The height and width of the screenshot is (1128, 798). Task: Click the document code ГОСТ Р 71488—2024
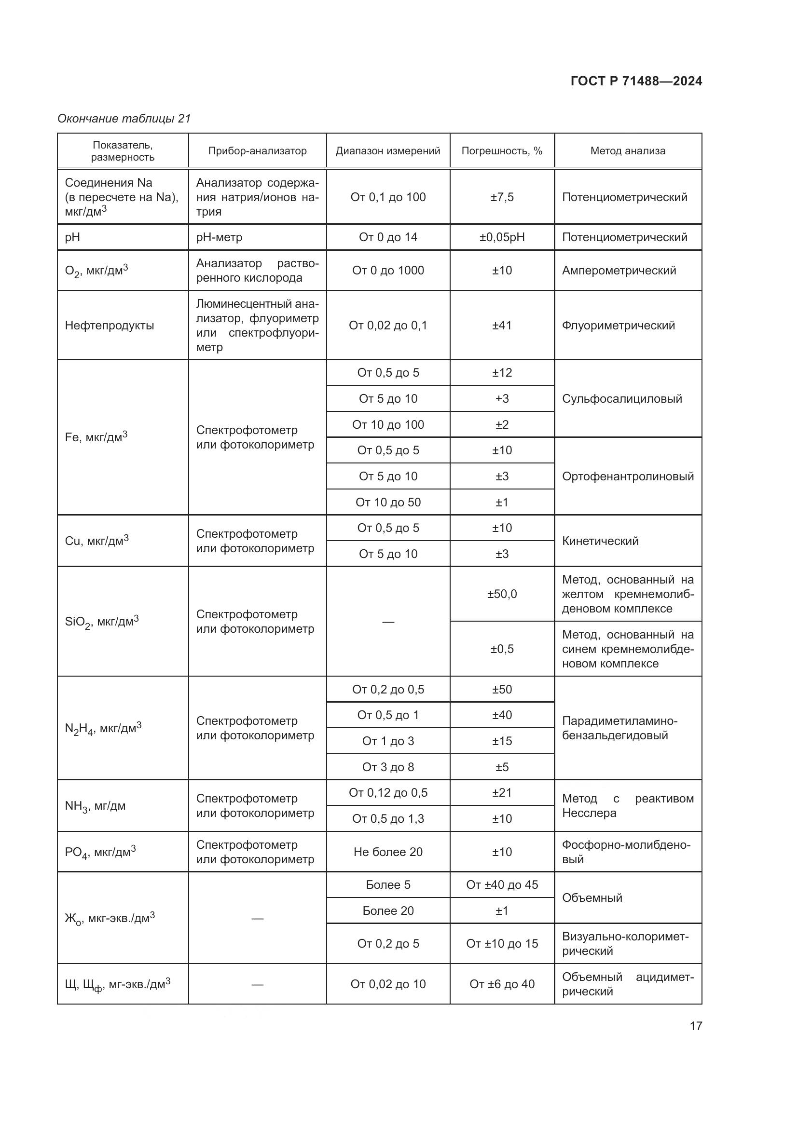point(636,82)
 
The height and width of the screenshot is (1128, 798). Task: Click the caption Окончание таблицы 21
point(124,119)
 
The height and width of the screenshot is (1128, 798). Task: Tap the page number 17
point(696,1026)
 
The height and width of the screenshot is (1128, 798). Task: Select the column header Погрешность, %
point(502,151)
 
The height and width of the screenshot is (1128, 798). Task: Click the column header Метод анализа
point(628,151)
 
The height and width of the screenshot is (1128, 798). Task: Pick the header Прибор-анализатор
point(257,151)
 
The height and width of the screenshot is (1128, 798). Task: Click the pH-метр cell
point(219,237)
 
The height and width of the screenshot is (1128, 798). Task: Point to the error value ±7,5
point(502,197)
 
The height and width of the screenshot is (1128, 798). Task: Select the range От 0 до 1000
point(388,270)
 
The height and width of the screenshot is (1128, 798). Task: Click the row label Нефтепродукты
point(110,325)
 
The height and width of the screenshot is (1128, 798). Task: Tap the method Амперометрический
point(619,270)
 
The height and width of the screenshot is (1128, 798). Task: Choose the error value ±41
point(502,325)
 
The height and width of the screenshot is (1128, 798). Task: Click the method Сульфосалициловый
point(622,398)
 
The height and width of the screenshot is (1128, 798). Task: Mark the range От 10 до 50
point(388,502)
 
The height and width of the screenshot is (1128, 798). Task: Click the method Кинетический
point(600,541)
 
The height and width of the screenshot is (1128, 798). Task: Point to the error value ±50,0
point(502,594)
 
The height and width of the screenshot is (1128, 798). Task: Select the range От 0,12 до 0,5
point(388,792)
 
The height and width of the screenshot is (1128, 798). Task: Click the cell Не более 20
point(388,852)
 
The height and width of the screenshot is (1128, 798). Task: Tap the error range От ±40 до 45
point(502,885)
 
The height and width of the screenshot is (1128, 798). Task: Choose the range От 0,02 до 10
point(388,984)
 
